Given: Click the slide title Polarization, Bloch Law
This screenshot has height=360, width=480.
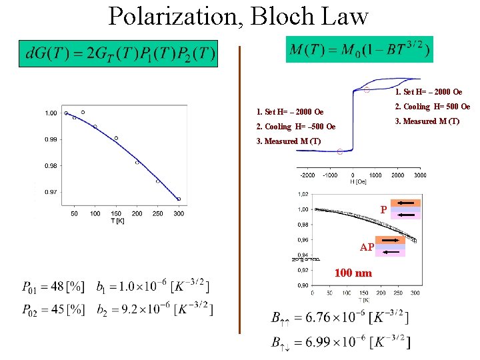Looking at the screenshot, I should [238, 16].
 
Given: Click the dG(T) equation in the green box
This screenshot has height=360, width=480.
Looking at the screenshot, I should [120, 54].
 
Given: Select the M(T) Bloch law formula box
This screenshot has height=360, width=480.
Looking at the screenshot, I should [359, 49].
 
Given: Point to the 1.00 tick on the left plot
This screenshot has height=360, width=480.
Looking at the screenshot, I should [51, 113].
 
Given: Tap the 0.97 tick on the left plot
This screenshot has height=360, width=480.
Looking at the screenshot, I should [51, 192].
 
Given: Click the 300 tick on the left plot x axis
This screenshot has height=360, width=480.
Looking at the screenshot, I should [179, 213].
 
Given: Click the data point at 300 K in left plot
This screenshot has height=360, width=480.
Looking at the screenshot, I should [179, 199].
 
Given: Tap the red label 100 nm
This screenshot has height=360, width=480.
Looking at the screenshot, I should [353, 273].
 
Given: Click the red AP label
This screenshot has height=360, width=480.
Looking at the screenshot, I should [367, 247].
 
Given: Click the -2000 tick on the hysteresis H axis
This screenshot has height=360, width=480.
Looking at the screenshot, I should [307, 175].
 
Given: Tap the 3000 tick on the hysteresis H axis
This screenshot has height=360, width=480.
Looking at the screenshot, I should [419, 175].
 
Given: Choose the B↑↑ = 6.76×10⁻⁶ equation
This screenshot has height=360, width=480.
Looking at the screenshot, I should [340, 317].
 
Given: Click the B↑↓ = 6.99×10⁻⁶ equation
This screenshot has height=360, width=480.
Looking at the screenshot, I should [340, 343].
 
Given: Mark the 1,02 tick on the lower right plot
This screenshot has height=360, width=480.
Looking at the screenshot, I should [303, 195].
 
